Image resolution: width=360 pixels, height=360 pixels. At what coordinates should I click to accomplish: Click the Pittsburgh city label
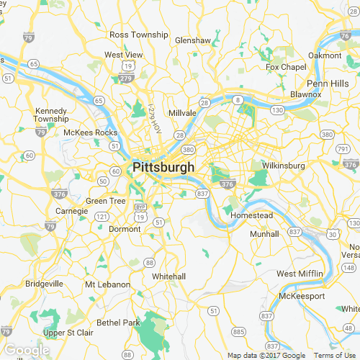click(163, 167)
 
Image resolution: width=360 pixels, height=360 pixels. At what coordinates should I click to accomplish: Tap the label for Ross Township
click(138, 35)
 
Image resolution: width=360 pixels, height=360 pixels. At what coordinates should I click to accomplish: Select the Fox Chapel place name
click(281, 67)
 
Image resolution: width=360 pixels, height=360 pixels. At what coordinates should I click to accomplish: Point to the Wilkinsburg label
click(284, 166)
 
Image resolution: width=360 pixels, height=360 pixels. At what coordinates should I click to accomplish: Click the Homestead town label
click(251, 215)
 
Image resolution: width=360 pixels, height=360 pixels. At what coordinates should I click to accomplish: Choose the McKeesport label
click(302, 296)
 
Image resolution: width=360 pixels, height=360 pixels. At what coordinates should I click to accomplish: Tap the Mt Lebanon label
click(107, 284)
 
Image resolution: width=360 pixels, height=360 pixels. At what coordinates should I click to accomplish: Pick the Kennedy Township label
click(51, 114)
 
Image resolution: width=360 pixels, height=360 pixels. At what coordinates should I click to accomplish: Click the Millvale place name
click(182, 114)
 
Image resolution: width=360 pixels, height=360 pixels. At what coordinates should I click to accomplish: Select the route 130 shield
click(277, 109)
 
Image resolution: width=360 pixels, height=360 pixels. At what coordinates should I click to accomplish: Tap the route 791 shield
click(342, 148)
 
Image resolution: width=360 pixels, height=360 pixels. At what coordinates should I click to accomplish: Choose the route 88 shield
click(150, 262)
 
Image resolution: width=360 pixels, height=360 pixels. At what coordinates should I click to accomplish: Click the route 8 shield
click(238, 99)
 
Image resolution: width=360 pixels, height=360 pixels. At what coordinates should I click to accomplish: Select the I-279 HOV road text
click(155, 114)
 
